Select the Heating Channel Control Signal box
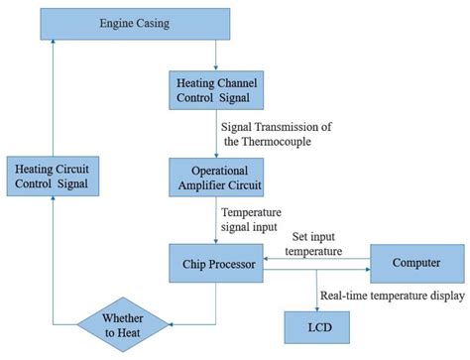click(x=216, y=91)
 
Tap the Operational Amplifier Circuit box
click(x=216, y=176)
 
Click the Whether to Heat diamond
click(x=126, y=324)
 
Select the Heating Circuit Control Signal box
click(x=53, y=176)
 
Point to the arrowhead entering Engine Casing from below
click(x=53, y=43)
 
